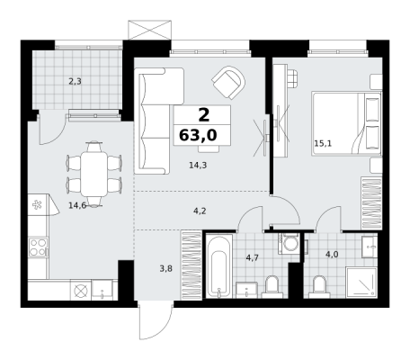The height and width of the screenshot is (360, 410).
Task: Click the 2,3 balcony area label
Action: click(x=76, y=81)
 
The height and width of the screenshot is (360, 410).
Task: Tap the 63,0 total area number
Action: click(x=198, y=135)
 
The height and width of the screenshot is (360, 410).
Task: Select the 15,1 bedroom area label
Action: click(x=323, y=143)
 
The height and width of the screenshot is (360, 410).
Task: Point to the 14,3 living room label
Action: click(x=198, y=165)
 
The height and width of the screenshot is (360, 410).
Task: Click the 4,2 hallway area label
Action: click(x=200, y=211)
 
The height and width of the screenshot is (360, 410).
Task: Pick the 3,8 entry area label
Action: click(x=165, y=268)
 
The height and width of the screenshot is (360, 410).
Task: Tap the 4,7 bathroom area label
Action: click(x=252, y=257)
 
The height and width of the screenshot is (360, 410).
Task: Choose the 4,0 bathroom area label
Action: click(x=332, y=255)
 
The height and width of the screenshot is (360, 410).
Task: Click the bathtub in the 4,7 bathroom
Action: click(x=219, y=266)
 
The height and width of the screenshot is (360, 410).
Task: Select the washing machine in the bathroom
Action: click(x=289, y=244)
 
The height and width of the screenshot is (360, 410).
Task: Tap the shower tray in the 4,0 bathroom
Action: click(x=361, y=283)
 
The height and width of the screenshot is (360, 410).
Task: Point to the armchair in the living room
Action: click(x=228, y=83)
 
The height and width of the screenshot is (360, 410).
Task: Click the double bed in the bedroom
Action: click(x=346, y=123)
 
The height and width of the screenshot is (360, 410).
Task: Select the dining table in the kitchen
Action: click(x=94, y=175)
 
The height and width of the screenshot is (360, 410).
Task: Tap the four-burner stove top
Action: click(x=38, y=247)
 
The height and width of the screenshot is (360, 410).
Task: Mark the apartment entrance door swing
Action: click(x=156, y=322)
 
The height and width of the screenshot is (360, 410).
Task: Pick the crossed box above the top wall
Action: click(x=150, y=30)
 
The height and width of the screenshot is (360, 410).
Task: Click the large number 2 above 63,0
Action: click(x=204, y=115)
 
